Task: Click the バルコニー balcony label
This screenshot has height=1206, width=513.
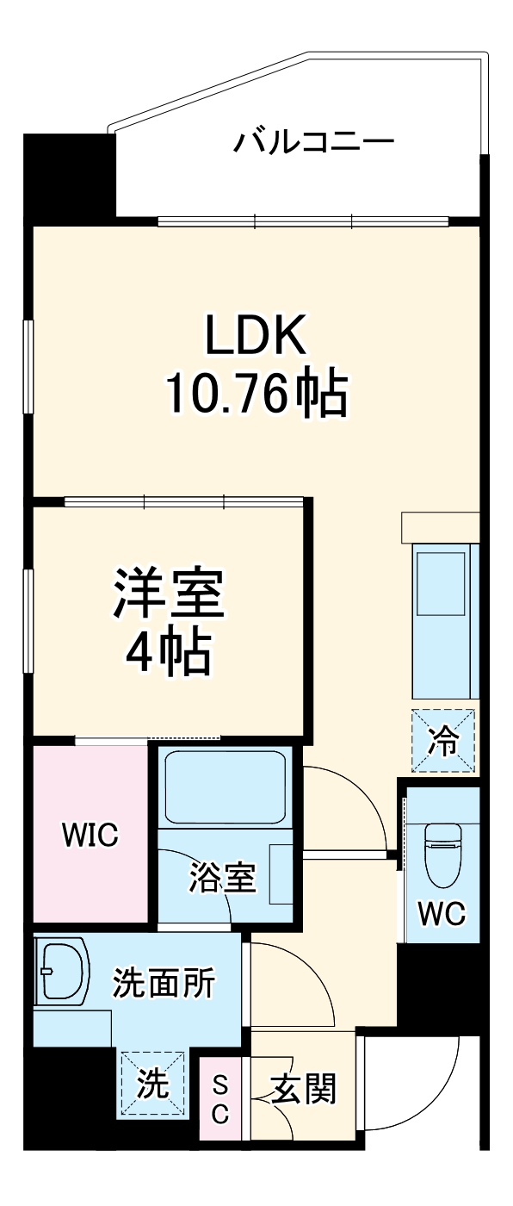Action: tap(313, 140)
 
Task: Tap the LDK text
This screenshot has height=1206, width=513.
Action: tap(255, 337)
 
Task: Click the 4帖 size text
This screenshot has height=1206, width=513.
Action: tap(169, 654)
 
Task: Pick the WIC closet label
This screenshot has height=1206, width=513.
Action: tap(89, 835)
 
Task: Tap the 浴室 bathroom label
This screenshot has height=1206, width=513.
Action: tap(223, 879)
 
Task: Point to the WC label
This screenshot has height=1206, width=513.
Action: tap(442, 913)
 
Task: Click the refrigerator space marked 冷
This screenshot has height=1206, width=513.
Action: tap(443, 739)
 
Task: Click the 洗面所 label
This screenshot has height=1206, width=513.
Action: tap(164, 983)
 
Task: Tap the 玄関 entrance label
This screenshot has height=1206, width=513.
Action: tap(303, 1090)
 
